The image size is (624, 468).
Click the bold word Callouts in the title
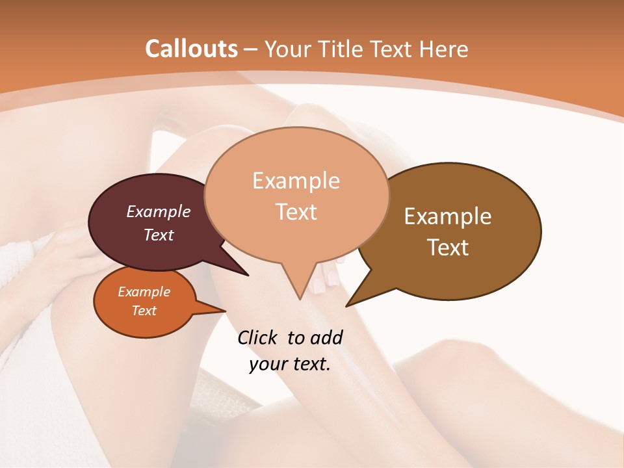[x=191, y=49]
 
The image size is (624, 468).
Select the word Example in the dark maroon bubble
[x=159, y=211]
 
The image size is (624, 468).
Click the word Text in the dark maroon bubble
[x=159, y=235]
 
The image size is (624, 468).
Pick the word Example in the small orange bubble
[x=144, y=292]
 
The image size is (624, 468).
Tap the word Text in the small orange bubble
[x=144, y=311]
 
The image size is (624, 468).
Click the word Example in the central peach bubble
[x=296, y=181]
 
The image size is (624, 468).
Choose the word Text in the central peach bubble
[x=296, y=212]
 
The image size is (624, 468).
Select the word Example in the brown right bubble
[x=448, y=216]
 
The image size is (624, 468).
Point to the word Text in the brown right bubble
[x=448, y=248]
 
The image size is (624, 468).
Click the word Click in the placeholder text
[x=259, y=337]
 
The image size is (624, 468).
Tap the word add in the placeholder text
[x=326, y=337]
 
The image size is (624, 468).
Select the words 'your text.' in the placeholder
[x=290, y=364]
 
